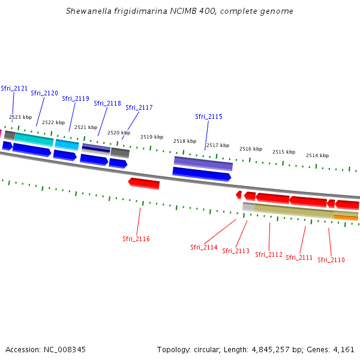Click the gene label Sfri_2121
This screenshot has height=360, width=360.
[14, 88]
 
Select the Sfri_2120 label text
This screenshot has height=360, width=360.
[44, 93]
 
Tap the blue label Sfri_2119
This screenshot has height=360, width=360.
[76, 98]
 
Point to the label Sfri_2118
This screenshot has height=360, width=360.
[107, 103]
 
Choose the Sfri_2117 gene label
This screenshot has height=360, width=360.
[139, 107]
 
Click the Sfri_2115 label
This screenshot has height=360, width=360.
[209, 116]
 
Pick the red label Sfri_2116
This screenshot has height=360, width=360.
[136, 239]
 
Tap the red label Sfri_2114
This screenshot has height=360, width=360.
[204, 247]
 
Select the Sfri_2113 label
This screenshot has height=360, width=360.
[236, 251]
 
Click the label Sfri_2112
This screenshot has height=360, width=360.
[269, 254]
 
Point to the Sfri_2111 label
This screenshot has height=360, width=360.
[299, 257]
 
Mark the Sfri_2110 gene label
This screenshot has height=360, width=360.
[331, 260]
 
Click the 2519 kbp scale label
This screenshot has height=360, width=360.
[152, 137]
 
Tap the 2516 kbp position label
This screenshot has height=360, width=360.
[251, 149]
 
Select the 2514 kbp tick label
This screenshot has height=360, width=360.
[317, 155]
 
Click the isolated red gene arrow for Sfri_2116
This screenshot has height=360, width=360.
[144, 183]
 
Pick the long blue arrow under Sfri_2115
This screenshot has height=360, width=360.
[202, 174]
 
